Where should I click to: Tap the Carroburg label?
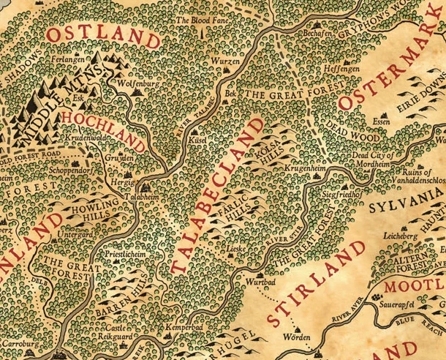pos(20,342)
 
